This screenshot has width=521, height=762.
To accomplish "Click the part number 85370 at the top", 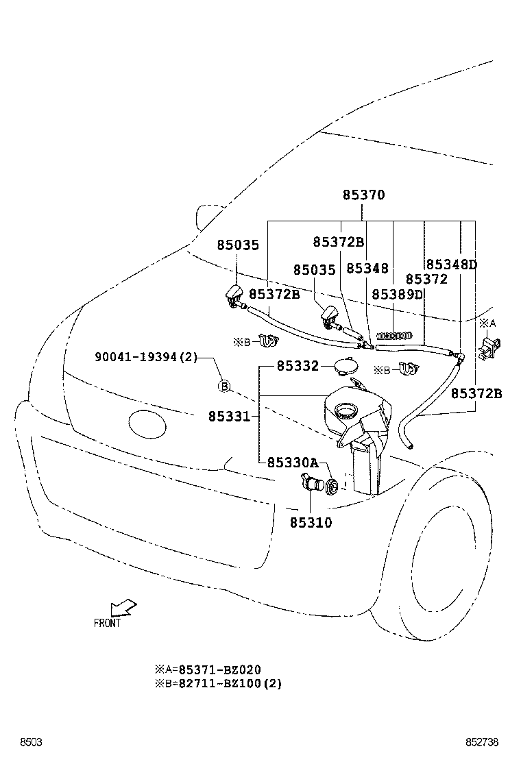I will click(x=364, y=195).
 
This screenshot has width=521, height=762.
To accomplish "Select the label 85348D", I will click(x=451, y=265).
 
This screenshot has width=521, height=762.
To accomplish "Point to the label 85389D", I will click(x=398, y=294).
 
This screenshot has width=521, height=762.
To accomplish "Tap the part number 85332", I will click(x=298, y=367).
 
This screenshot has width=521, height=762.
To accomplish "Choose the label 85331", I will click(x=230, y=416).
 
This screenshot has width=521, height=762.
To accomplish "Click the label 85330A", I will click(x=293, y=463).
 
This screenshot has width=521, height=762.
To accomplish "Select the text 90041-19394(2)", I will click(x=146, y=356).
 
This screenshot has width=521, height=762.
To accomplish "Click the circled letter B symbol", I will click(x=223, y=386).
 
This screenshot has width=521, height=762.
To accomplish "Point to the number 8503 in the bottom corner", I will click(x=31, y=742).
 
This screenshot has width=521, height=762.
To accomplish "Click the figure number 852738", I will click(x=483, y=742).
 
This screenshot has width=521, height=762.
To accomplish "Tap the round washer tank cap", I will click(x=346, y=367).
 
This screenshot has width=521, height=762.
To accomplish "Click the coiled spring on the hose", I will click(x=396, y=336).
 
